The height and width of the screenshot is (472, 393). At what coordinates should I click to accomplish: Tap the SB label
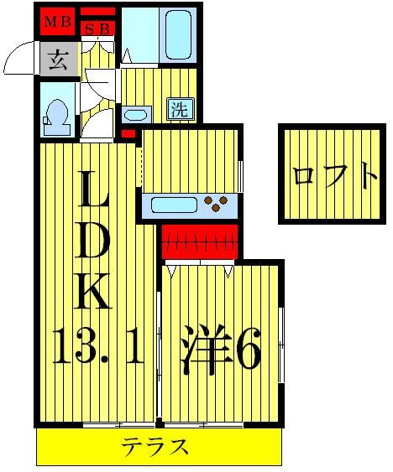98,29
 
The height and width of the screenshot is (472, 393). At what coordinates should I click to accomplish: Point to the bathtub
178,34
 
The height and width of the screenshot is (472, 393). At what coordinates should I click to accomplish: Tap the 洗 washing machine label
180,108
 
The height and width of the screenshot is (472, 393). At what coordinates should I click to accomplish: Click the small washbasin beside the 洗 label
136,114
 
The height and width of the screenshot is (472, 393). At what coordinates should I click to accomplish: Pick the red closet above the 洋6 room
199,242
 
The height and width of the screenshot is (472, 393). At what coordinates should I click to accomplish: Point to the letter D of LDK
94,243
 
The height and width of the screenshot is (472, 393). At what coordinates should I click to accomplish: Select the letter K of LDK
94,293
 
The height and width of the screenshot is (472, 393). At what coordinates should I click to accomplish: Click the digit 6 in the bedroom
247,353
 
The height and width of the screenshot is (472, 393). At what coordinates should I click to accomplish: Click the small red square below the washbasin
128,133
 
